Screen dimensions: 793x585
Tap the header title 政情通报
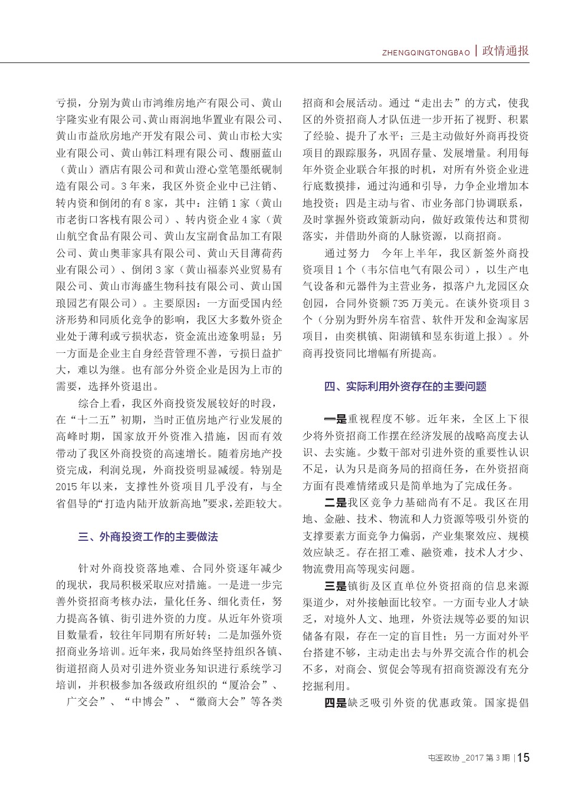pyautogui.click(x=505, y=51)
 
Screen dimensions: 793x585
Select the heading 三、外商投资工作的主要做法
pyautogui.click(x=148, y=537)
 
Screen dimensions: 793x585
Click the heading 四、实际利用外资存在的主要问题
pyautogui.click(x=405, y=386)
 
